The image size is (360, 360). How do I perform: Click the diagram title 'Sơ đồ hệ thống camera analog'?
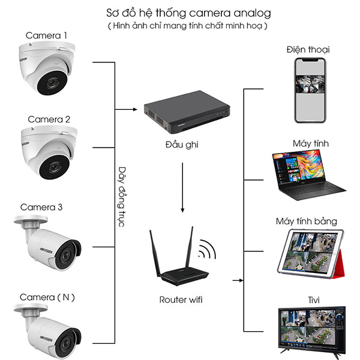184,13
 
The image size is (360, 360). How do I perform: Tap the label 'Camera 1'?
46,35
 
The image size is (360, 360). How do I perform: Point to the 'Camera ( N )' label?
47,297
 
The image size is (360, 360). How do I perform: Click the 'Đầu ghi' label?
182,145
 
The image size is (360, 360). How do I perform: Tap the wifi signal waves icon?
208,248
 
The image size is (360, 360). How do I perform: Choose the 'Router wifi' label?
181,298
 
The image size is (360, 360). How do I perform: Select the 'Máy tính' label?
310,143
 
